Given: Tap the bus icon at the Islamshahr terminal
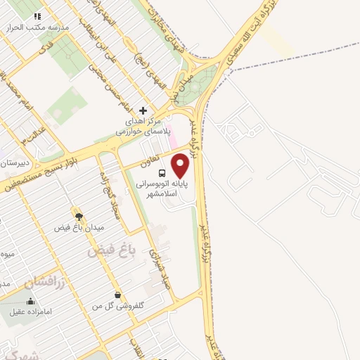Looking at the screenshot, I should pos(162,173).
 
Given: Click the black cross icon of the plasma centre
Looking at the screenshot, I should pos(143,110).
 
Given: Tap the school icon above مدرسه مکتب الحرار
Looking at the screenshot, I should pos(38,15).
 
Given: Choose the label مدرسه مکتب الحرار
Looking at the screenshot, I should pos(30,27).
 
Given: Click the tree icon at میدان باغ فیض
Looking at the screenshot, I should pos(78,216).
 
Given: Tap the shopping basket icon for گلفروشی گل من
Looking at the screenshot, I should pos(117,295).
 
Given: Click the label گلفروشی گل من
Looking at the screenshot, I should pos(118,307).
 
